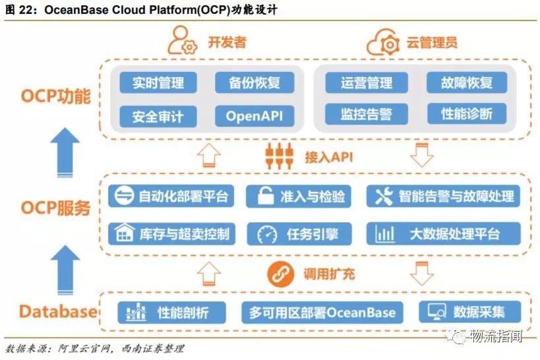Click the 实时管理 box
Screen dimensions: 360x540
(x=158, y=83)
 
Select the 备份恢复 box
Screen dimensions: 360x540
(x=255, y=83)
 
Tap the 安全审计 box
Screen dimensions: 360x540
(x=158, y=116)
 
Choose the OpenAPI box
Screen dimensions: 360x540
(x=255, y=116)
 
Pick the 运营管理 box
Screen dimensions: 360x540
(x=367, y=83)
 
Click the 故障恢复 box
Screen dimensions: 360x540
(x=467, y=83)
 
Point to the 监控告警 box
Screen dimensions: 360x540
(x=367, y=114)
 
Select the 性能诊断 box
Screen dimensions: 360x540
(x=467, y=114)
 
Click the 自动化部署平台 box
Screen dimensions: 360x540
(x=171, y=196)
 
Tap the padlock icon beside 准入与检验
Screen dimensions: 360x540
(x=265, y=196)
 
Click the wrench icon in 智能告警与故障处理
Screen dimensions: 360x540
(x=384, y=196)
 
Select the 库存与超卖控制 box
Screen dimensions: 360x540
(x=171, y=233)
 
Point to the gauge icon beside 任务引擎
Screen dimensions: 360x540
(x=267, y=233)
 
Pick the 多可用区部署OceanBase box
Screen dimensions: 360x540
(x=322, y=311)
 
